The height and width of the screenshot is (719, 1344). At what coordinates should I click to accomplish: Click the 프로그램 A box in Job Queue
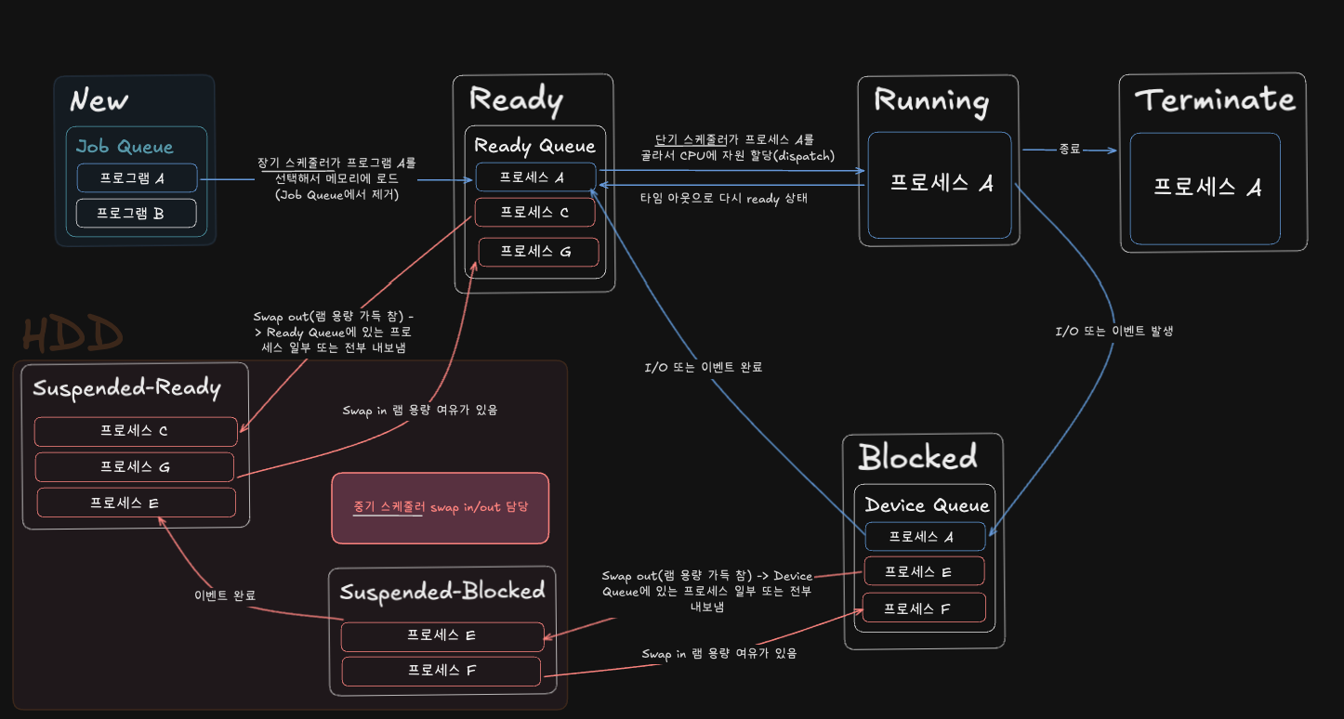[x=137, y=177]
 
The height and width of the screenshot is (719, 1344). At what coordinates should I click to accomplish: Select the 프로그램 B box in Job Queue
[x=136, y=213]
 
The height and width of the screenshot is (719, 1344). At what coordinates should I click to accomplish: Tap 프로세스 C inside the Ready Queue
[x=534, y=212]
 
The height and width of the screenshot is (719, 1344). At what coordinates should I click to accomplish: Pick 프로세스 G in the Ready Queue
[x=538, y=251]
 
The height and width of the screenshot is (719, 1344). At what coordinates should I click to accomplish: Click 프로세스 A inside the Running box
[x=941, y=184]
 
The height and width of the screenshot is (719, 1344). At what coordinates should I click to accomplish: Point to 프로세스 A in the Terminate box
[x=1206, y=188]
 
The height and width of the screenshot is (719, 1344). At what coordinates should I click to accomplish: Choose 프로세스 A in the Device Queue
[x=924, y=536]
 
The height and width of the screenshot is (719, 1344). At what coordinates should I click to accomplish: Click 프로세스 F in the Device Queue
[x=924, y=608]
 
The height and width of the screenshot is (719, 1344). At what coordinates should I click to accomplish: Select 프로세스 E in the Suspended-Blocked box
[x=441, y=636]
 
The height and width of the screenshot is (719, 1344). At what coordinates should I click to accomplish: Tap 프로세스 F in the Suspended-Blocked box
[x=441, y=671]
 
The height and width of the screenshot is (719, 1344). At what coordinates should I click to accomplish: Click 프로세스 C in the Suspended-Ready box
[x=136, y=431]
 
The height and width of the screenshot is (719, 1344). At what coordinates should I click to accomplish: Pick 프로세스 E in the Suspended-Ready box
[x=136, y=503]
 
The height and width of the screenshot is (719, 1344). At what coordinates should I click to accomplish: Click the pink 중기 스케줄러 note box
[x=440, y=507]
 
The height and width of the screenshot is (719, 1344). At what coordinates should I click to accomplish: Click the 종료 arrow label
[x=1069, y=149]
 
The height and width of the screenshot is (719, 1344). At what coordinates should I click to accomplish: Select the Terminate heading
[x=1214, y=99]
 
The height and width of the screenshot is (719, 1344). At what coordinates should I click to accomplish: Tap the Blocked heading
[x=917, y=456]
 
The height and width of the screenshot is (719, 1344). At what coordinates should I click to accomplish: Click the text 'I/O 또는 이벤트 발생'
[x=1113, y=330]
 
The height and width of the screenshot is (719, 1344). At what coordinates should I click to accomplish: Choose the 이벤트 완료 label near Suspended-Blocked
[x=225, y=595]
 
